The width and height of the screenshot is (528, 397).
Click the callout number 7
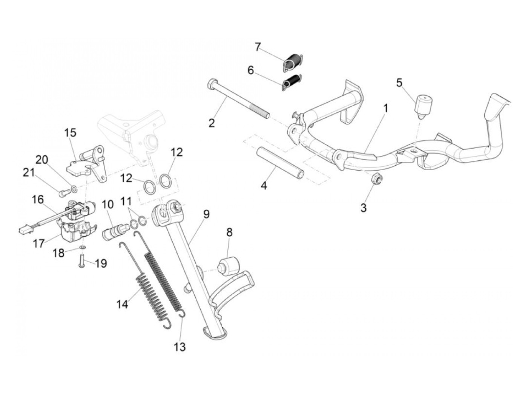[258, 47]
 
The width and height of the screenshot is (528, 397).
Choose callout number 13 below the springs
[180, 346]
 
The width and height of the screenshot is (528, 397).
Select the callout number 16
[38, 199]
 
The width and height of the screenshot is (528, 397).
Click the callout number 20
[42, 160]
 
